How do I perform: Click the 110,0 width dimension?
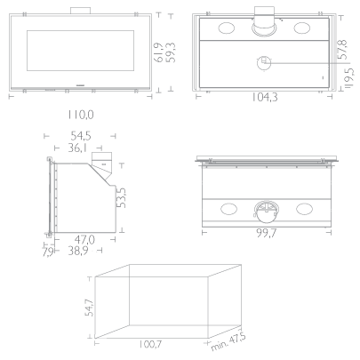(81, 115)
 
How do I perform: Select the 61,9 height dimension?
(159, 52)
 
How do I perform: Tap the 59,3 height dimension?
(171, 52)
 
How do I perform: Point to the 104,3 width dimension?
(265, 97)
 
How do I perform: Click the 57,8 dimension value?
(342, 50)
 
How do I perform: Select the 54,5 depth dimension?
(81, 136)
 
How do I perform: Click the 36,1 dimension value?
(77, 148)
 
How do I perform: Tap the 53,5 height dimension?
(121, 198)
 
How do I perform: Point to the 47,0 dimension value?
(84, 239)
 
